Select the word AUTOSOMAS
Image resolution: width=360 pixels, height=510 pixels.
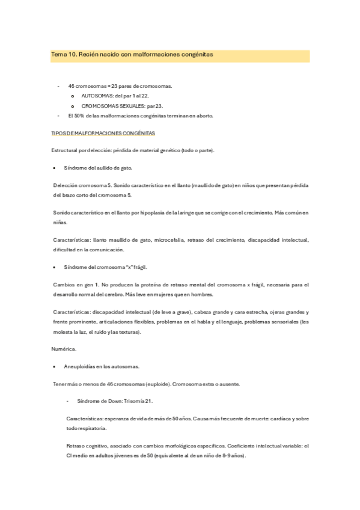pos(97,96)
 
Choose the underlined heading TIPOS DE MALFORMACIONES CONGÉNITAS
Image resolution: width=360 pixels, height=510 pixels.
pos(104,132)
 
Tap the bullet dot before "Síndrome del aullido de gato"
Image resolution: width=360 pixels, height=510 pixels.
pos(55,167)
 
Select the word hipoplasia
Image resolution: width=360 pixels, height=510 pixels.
pos(145,212)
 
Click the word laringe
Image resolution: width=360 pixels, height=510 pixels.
pos(183,212)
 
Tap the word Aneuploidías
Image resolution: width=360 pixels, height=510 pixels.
pos(84,366)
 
